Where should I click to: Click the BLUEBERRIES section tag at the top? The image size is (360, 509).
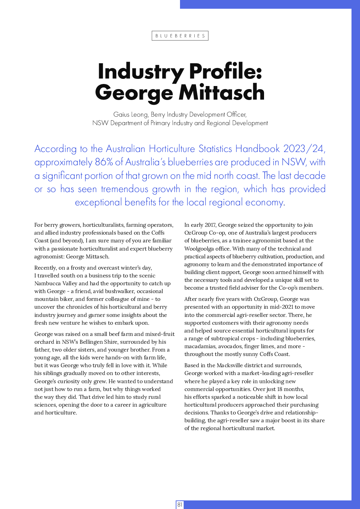[180, 36]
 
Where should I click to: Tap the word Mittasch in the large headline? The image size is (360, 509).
[222, 92]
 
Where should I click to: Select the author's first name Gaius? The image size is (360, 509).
[121, 115]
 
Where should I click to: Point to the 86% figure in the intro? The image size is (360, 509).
[104, 162]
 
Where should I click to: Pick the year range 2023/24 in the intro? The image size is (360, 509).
[304, 149]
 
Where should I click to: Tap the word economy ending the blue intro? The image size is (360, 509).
[264, 202]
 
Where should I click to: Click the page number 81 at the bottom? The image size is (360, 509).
[180, 505]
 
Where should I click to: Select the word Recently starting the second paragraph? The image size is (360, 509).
[46, 268]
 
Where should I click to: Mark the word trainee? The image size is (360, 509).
[243, 241]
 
